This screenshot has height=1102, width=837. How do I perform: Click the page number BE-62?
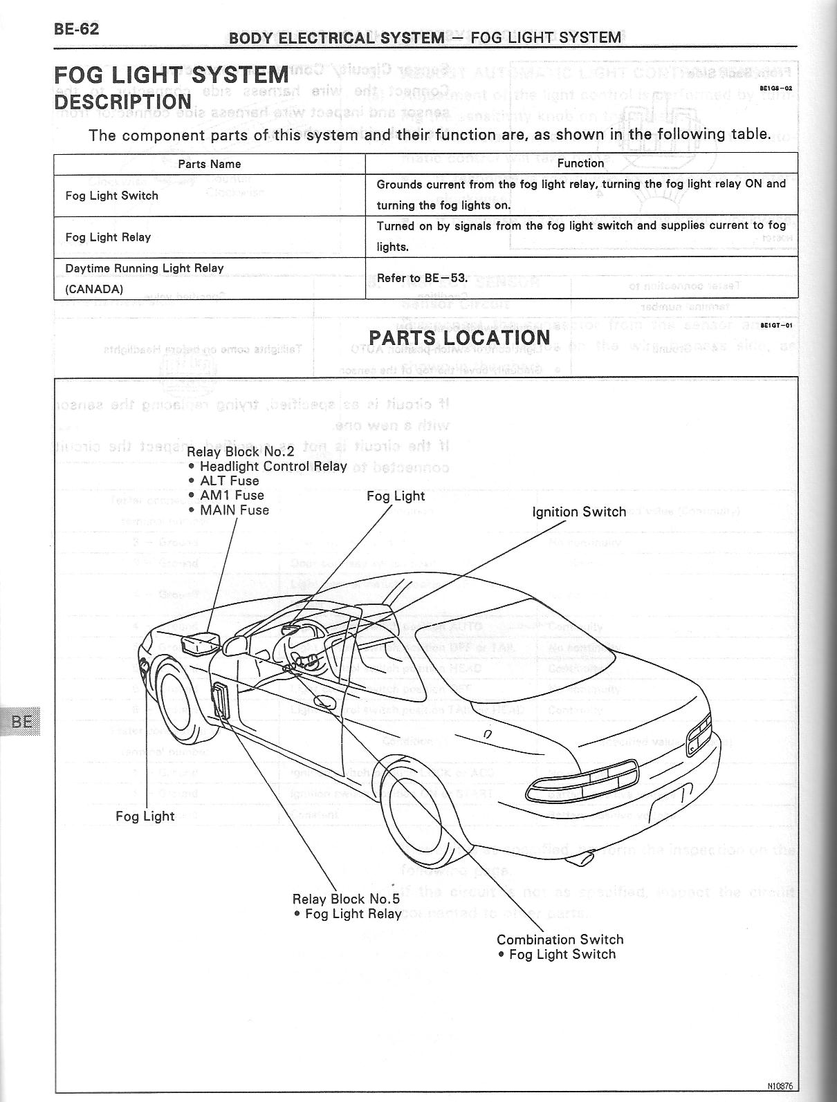76,29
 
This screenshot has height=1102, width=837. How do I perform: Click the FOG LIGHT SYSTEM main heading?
171,75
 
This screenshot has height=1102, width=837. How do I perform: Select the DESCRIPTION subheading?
122,102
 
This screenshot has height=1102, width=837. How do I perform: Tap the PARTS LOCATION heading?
459,338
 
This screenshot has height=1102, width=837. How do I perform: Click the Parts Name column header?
209,164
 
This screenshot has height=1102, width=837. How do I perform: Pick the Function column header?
580,163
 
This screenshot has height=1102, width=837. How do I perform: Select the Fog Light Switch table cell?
111,196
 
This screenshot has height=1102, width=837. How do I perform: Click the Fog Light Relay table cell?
108,237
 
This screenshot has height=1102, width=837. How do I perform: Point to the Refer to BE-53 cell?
422,278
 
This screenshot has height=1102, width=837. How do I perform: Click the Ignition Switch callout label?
579,512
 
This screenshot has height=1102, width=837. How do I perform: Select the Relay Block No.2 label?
241,451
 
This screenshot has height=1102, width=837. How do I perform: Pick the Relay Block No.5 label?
346,899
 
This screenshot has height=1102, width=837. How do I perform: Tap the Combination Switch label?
560,940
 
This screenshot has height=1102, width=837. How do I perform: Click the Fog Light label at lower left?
145,816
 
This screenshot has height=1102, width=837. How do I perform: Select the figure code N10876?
779,1086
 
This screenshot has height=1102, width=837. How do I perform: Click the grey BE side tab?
21,722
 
